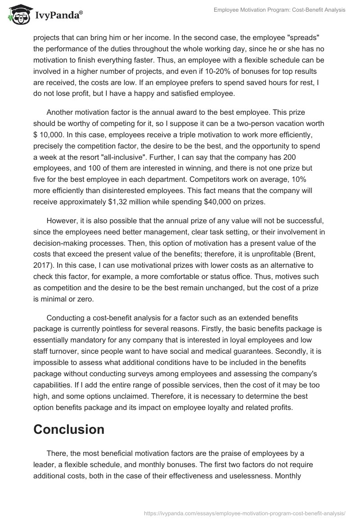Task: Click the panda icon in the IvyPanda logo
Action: coord(17,14)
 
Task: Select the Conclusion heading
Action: coord(68,429)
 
